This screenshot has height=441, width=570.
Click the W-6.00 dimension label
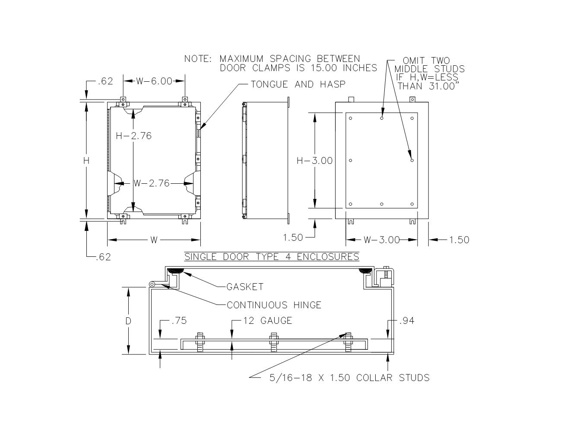click(154, 81)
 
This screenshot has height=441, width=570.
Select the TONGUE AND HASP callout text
click(298, 84)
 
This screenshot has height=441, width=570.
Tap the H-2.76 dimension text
click(134, 136)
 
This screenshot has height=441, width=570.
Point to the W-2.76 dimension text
click(152, 183)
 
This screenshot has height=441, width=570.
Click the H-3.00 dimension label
click(315, 161)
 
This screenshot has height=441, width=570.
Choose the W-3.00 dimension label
click(382, 240)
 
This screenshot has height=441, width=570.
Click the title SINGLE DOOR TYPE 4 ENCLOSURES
click(272, 257)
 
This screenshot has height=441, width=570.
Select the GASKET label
click(245, 287)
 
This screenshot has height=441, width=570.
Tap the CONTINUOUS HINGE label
click(274, 305)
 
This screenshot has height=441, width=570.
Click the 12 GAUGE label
click(267, 321)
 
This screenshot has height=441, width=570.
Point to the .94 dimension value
click(406, 321)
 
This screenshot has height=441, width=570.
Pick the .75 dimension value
click(179, 321)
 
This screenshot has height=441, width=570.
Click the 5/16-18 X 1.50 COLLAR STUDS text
click(349, 378)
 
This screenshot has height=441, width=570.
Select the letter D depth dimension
click(128, 321)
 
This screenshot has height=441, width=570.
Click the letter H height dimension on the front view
click(86, 161)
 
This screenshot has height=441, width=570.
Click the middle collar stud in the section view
click(273, 343)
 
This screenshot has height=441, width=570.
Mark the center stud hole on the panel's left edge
click(351, 160)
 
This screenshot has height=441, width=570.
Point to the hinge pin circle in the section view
click(152, 284)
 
